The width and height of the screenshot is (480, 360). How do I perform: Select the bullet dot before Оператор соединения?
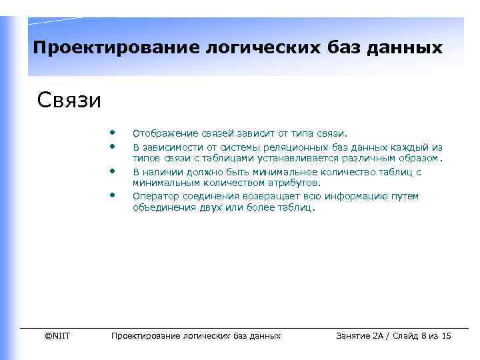pyautogui.click(x=114, y=194)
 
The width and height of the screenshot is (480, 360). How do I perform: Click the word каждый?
pyautogui.click(x=409, y=147)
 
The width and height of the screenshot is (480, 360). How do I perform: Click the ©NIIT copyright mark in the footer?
pyautogui.click(x=57, y=335)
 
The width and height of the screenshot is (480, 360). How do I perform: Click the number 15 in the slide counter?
pyautogui.click(x=446, y=335)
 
